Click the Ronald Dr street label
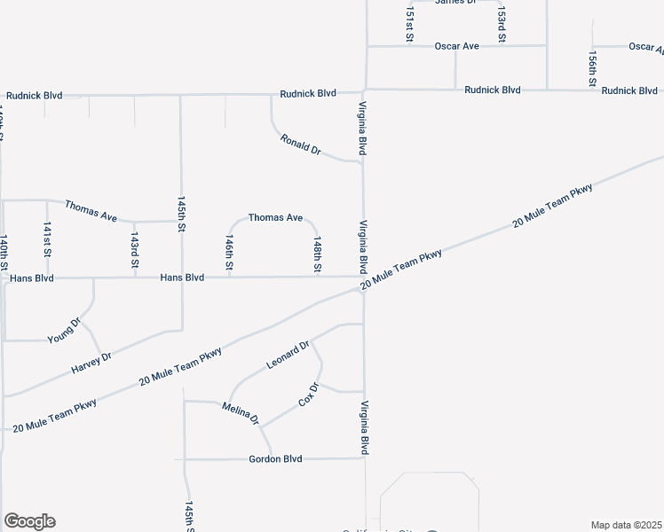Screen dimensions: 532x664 (x=300, y=145)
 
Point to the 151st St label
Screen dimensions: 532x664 (x=409, y=24)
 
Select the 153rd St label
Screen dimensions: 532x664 (x=502, y=25)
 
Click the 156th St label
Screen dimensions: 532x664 (x=592, y=67)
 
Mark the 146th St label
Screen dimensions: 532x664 (x=229, y=254)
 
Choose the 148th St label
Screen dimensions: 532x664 (x=316, y=254)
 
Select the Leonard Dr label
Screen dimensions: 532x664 (x=288, y=355)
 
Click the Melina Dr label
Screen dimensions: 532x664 (x=240, y=412)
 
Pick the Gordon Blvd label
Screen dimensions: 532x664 (x=275, y=459)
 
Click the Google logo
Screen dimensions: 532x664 (x=29, y=521)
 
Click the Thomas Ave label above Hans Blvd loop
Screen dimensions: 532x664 (x=275, y=217)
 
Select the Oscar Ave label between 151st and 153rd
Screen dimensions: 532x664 (x=456, y=45)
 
